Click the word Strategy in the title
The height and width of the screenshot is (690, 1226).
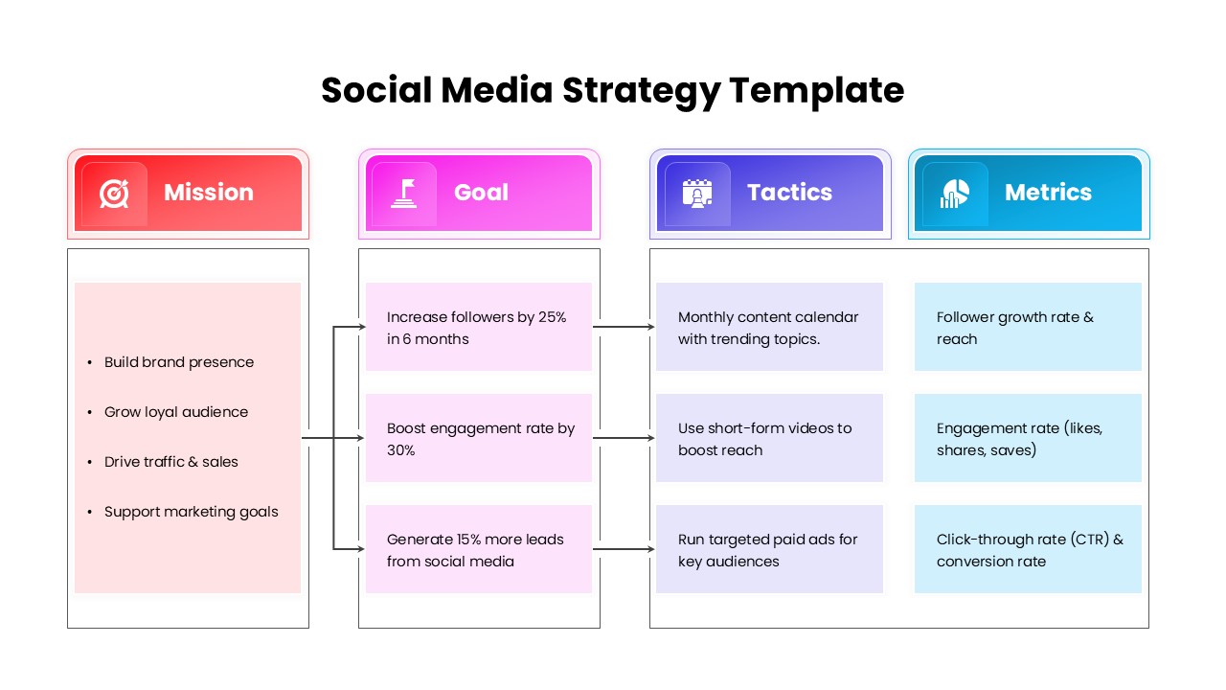[x=640, y=91]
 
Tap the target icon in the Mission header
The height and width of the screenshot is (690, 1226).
[x=114, y=193]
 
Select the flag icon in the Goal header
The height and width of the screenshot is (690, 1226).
[x=403, y=193]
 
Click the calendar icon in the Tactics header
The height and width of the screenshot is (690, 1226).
[x=697, y=193]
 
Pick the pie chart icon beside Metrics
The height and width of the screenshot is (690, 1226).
[x=954, y=193]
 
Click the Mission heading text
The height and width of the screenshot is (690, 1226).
[x=208, y=193]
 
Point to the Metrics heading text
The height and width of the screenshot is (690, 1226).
[x=1048, y=193]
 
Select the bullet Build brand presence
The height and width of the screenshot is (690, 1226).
[x=178, y=362]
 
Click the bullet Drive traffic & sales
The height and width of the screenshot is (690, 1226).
[x=170, y=462]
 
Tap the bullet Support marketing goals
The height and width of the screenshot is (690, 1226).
[x=191, y=512]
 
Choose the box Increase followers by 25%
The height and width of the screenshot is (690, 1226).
[x=478, y=328]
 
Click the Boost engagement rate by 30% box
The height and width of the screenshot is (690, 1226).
[x=478, y=439]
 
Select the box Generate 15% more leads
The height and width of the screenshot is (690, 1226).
[x=478, y=550]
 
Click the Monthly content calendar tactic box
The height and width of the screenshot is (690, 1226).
[x=769, y=328]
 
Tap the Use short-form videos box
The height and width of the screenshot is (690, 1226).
[x=769, y=439]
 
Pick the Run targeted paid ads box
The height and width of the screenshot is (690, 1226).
[x=769, y=550]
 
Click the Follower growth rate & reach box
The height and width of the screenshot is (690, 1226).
[x=1028, y=328]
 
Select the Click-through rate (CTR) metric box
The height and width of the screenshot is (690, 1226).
[x=1028, y=550]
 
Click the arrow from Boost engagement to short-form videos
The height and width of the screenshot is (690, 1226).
[x=624, y=438]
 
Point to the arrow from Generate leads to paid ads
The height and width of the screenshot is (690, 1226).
[x=624, y=549]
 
